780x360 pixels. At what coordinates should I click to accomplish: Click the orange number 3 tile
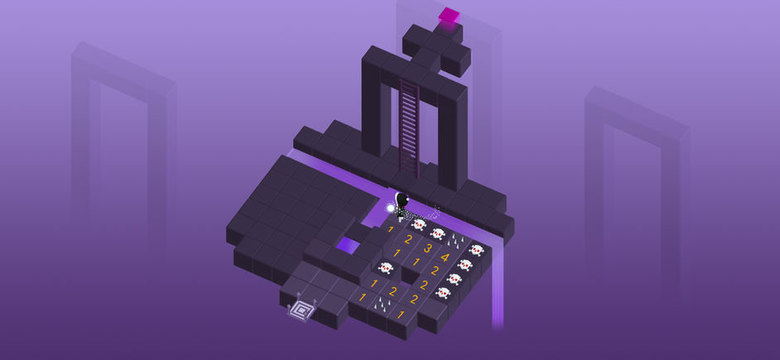click(x=427, y=248)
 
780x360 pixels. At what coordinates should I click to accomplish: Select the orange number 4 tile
click(x=445, y=258)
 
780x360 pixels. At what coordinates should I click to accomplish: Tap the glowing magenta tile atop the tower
click(x=449, y=14)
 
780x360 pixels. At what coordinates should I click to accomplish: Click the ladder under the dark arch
click(x=409, y=129)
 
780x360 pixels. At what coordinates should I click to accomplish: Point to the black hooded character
click(x=401, y=205)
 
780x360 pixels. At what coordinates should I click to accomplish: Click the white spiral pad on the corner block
click(x=301, y=310)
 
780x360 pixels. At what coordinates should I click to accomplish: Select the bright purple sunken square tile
click(x=348, y=245)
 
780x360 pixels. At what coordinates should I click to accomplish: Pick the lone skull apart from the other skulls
click(x=385, y=268)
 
